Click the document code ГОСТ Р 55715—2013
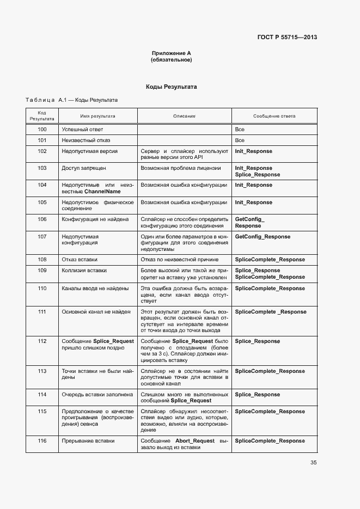(286, 37)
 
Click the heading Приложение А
(171, 53)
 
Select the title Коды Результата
(171, 87)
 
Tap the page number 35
(313, 463)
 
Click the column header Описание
(184, 116)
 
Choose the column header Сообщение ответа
(274, 116)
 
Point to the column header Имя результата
(97, 116)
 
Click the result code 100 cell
(42, 130)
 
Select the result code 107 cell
(42, 237)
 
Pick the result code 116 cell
(42, 440)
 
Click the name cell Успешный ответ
(82, 130)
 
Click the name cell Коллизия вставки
(84, 271)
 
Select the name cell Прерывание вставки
(88, 440)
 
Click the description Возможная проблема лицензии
(180, 168)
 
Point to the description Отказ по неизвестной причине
(179, 260)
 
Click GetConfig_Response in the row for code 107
(262, 237)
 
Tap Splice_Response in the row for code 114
(257, 394)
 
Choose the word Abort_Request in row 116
(196, 440)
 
